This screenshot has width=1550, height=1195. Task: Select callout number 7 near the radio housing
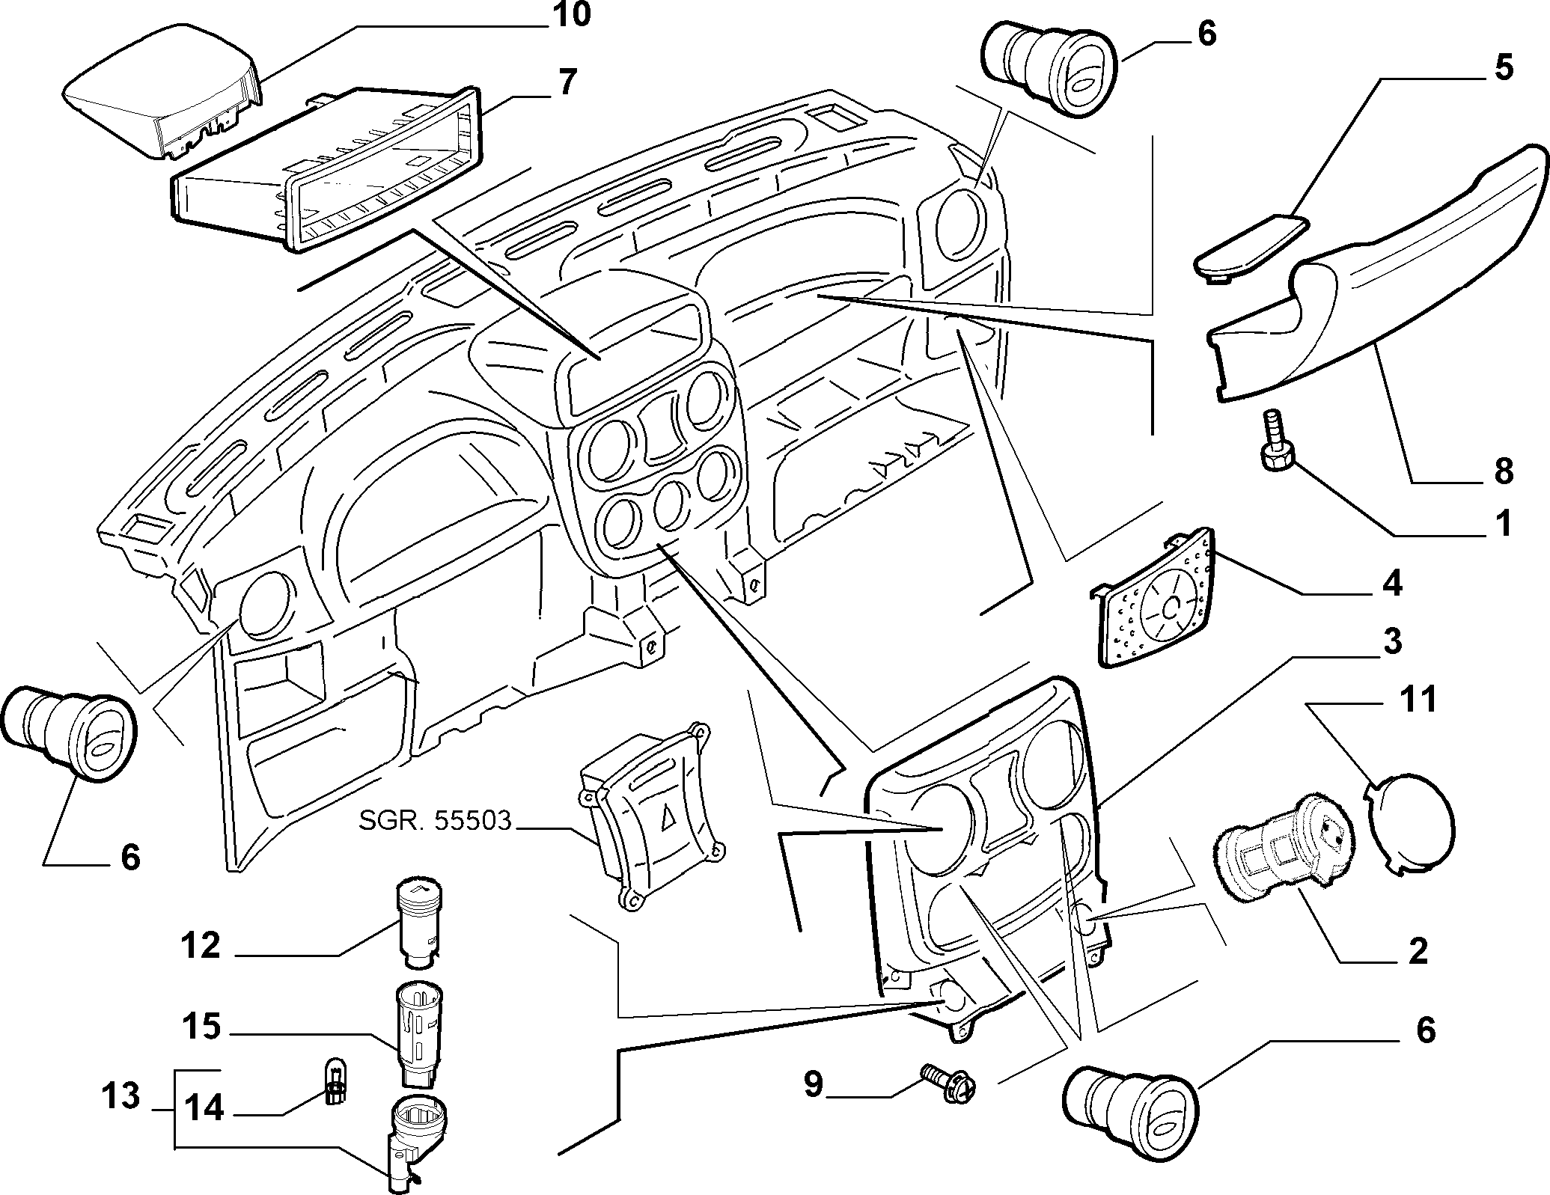567,82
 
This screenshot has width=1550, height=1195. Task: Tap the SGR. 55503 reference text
435,822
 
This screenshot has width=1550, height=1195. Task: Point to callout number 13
121,1096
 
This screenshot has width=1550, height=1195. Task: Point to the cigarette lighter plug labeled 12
418,921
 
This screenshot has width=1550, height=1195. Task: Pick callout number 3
1391,641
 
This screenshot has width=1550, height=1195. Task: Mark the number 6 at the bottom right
1426,1031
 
